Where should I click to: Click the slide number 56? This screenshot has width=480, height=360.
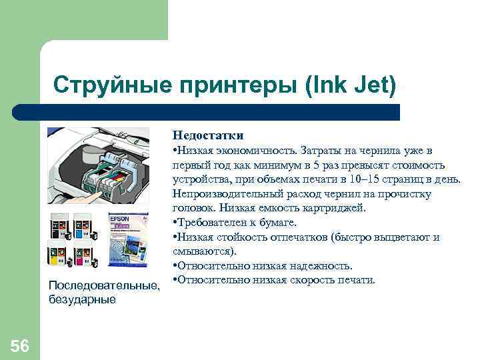pos(20,345)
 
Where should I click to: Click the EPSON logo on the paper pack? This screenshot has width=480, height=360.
pos(120,218)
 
